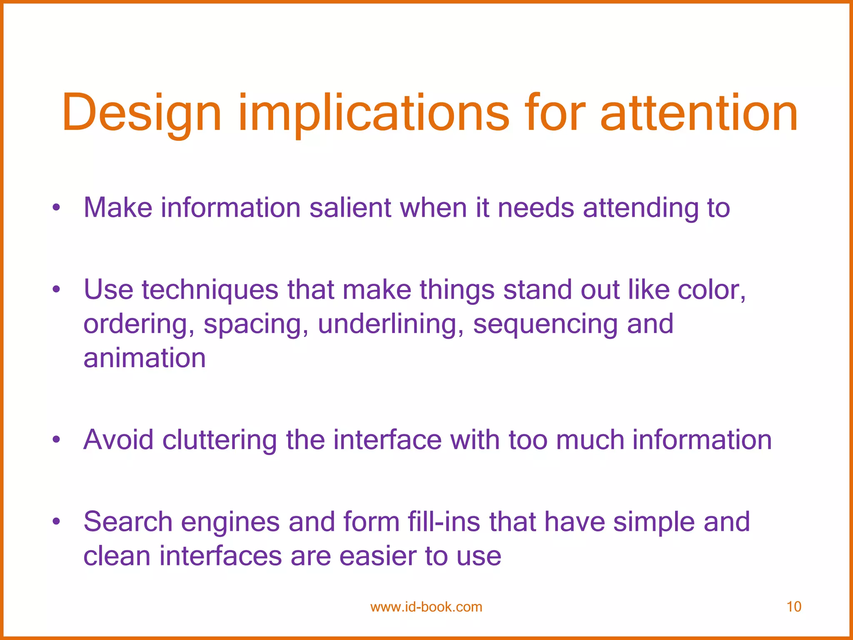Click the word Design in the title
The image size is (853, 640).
(x=142, y=113)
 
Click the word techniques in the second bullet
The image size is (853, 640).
(x=210, y=290)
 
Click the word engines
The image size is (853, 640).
(x=230, y=522)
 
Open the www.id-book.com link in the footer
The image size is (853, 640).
(x=426, y=607)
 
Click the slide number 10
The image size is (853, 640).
(x=794, y=607)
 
